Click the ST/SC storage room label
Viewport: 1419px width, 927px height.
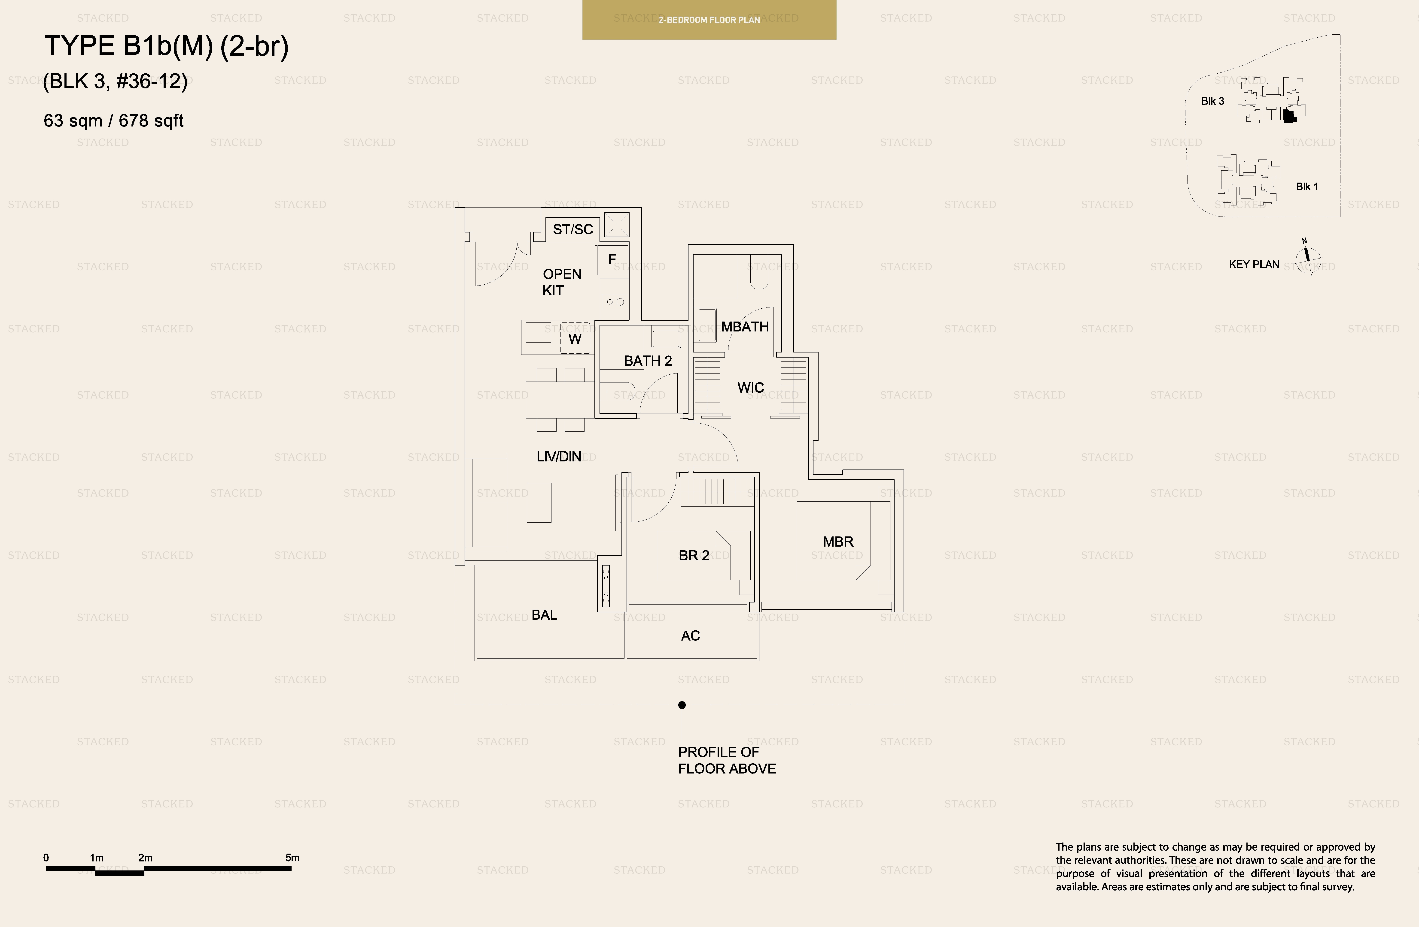(x=572, y=229)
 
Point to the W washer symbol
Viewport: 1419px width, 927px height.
(x=575, y=339)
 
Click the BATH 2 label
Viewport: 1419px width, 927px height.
(x=648, y=361)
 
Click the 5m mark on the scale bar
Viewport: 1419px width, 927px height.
(x=292, y=867)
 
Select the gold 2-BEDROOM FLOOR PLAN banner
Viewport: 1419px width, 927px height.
(x=709, y=20)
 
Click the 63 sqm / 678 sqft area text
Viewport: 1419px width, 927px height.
(x=113, y=121)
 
